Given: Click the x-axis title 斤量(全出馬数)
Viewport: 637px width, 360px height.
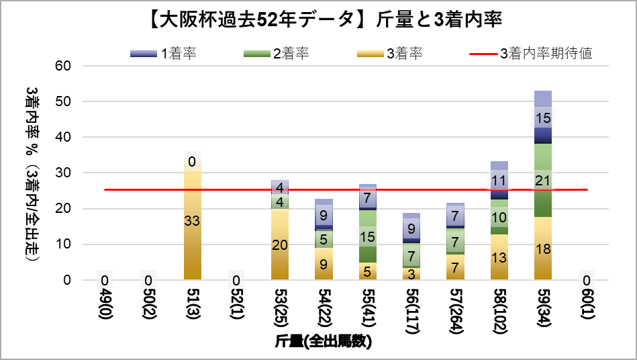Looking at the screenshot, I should click(x=324, y=341).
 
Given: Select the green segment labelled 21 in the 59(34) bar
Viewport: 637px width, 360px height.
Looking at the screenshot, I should click(x=543, y=180).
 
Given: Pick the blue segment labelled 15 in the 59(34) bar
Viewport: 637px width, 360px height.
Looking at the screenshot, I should click(x=543, y=119).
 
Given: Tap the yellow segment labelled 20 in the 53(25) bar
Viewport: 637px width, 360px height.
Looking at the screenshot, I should click(x=280, y=245).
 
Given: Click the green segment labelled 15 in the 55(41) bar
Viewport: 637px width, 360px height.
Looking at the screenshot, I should click(x=368, y=236).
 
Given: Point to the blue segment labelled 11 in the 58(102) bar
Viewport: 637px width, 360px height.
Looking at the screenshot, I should click(x=499, y=181).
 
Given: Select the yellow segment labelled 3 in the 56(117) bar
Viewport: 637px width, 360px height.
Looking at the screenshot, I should click(x=411, y=274).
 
